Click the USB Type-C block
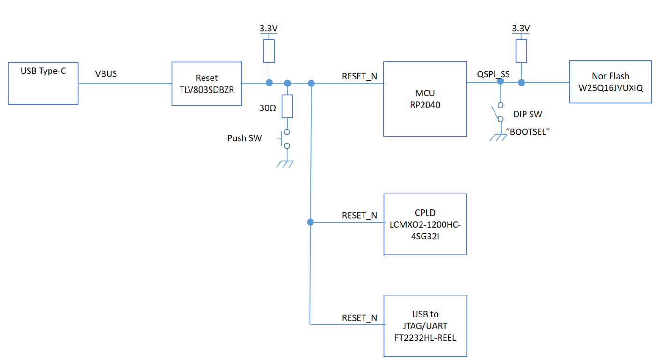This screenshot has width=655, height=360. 43,83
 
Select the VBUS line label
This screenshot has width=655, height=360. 106,74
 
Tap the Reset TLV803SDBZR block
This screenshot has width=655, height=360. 206,83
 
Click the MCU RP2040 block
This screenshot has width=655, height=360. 425,99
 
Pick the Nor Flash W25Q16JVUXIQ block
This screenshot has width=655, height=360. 611,81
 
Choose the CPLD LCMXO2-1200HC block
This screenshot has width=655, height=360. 425,224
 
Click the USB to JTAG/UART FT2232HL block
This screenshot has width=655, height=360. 425,325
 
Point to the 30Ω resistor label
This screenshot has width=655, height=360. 267,108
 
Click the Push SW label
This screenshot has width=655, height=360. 244,138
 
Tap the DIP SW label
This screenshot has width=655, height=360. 527,114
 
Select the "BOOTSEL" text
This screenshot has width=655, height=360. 527,132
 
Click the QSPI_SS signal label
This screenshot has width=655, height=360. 493,74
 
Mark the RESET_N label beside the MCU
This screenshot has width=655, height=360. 359,76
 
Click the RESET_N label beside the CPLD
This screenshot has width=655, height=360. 359,216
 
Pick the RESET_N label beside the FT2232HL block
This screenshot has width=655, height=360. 359,318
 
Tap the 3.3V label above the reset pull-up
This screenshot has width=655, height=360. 269,29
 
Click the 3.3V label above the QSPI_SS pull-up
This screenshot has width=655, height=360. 521,29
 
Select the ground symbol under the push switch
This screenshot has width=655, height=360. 285,164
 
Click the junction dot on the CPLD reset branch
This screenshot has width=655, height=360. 310,222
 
